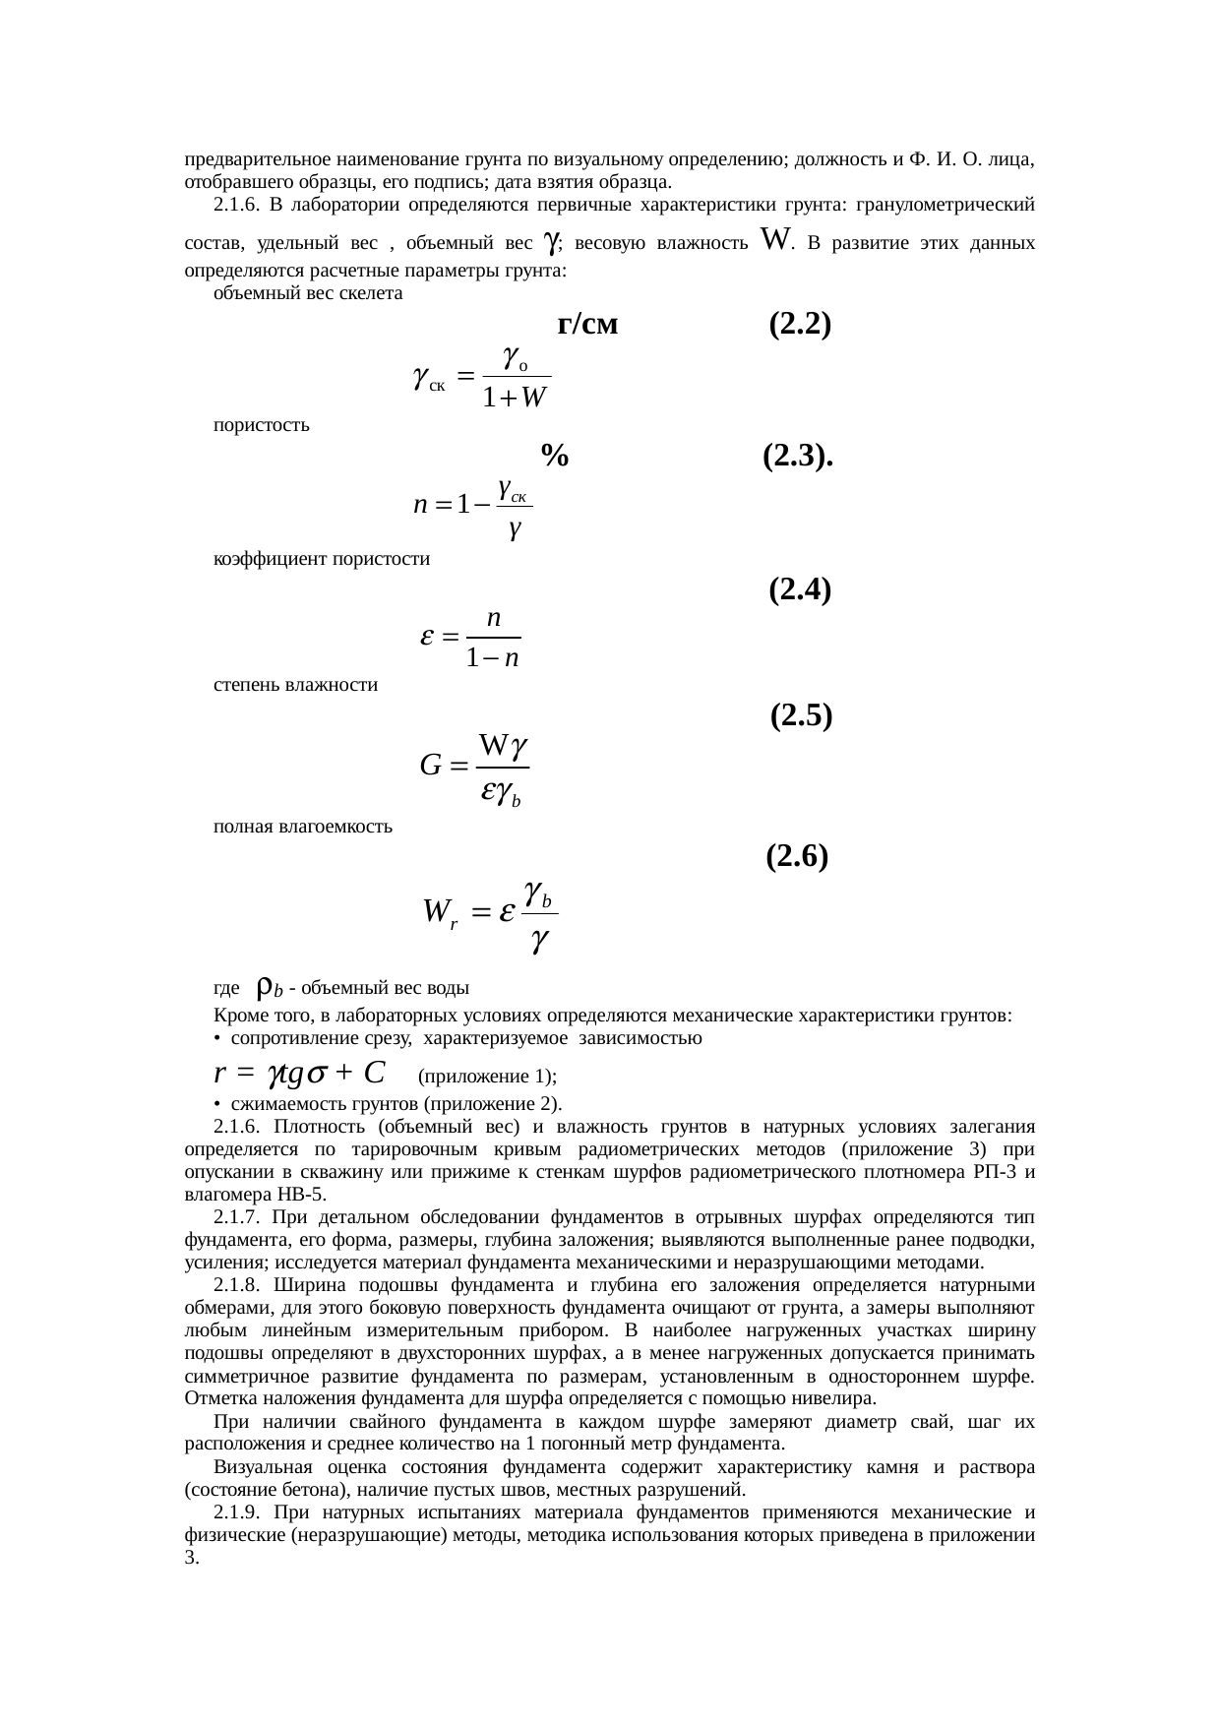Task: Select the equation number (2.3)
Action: point(798,456)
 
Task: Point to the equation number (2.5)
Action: point(801,715)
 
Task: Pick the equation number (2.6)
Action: point(796,856)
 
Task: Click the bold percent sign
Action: point(554,456)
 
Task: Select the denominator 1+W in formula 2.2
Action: point(516,399)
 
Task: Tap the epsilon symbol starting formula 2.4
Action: point(428,637)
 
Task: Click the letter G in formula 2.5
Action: point(430,765)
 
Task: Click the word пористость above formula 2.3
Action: point(262,425)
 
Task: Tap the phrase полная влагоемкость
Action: point(303,827)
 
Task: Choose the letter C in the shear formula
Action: point(373,1071)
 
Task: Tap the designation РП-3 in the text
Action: point(992,1172)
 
